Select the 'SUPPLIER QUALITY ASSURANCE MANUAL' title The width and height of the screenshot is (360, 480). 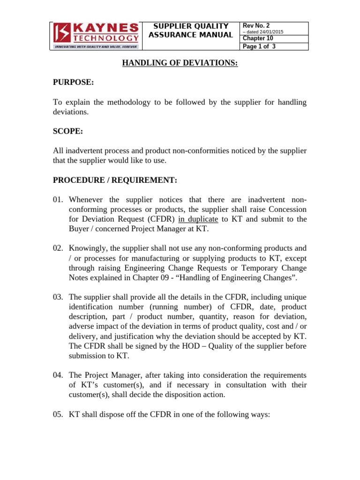191,30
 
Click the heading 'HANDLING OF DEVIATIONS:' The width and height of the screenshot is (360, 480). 180,63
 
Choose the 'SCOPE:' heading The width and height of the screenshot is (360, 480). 68,131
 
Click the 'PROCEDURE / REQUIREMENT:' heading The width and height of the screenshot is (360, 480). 115,180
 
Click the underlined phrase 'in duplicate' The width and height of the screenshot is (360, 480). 198,219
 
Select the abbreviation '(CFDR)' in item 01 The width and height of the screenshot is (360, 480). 161,219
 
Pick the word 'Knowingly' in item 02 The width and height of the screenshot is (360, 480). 88,248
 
